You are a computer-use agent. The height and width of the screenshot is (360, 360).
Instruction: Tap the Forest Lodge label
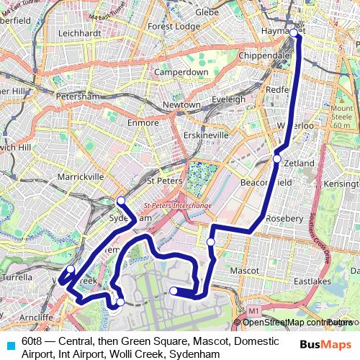174,26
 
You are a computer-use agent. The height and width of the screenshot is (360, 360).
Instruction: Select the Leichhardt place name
78,33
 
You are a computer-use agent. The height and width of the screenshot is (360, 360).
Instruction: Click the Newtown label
181,104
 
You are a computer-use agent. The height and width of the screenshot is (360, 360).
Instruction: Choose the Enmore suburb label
143,122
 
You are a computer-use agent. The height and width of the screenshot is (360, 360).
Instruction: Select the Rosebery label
285,218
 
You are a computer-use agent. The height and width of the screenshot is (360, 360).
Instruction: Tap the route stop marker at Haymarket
294,33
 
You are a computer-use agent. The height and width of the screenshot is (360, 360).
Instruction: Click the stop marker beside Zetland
277,158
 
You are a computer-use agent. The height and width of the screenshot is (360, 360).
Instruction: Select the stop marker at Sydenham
121,200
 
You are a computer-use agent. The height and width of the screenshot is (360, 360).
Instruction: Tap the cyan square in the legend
9,345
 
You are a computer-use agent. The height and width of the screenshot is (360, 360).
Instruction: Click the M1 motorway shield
253,311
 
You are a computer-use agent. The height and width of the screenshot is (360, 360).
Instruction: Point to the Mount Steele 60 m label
341,117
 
